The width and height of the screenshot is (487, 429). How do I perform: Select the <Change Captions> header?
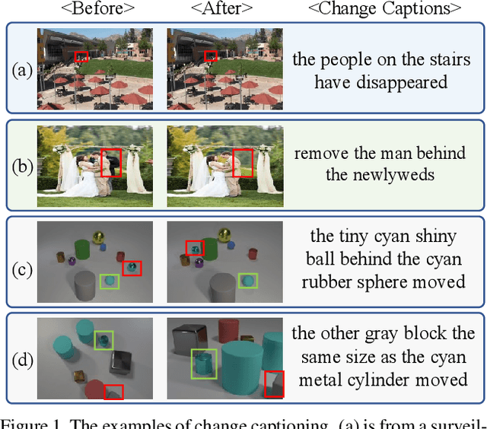coord(384,10)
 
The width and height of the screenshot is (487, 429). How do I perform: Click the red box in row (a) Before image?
coord(81,56)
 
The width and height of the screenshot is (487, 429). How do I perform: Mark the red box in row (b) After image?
coord(242,163)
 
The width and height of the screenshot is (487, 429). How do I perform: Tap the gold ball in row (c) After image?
coord(224,234)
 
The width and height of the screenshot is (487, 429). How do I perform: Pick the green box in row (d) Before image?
coord(103,340)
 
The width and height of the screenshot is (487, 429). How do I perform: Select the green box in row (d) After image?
coord(203,363)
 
